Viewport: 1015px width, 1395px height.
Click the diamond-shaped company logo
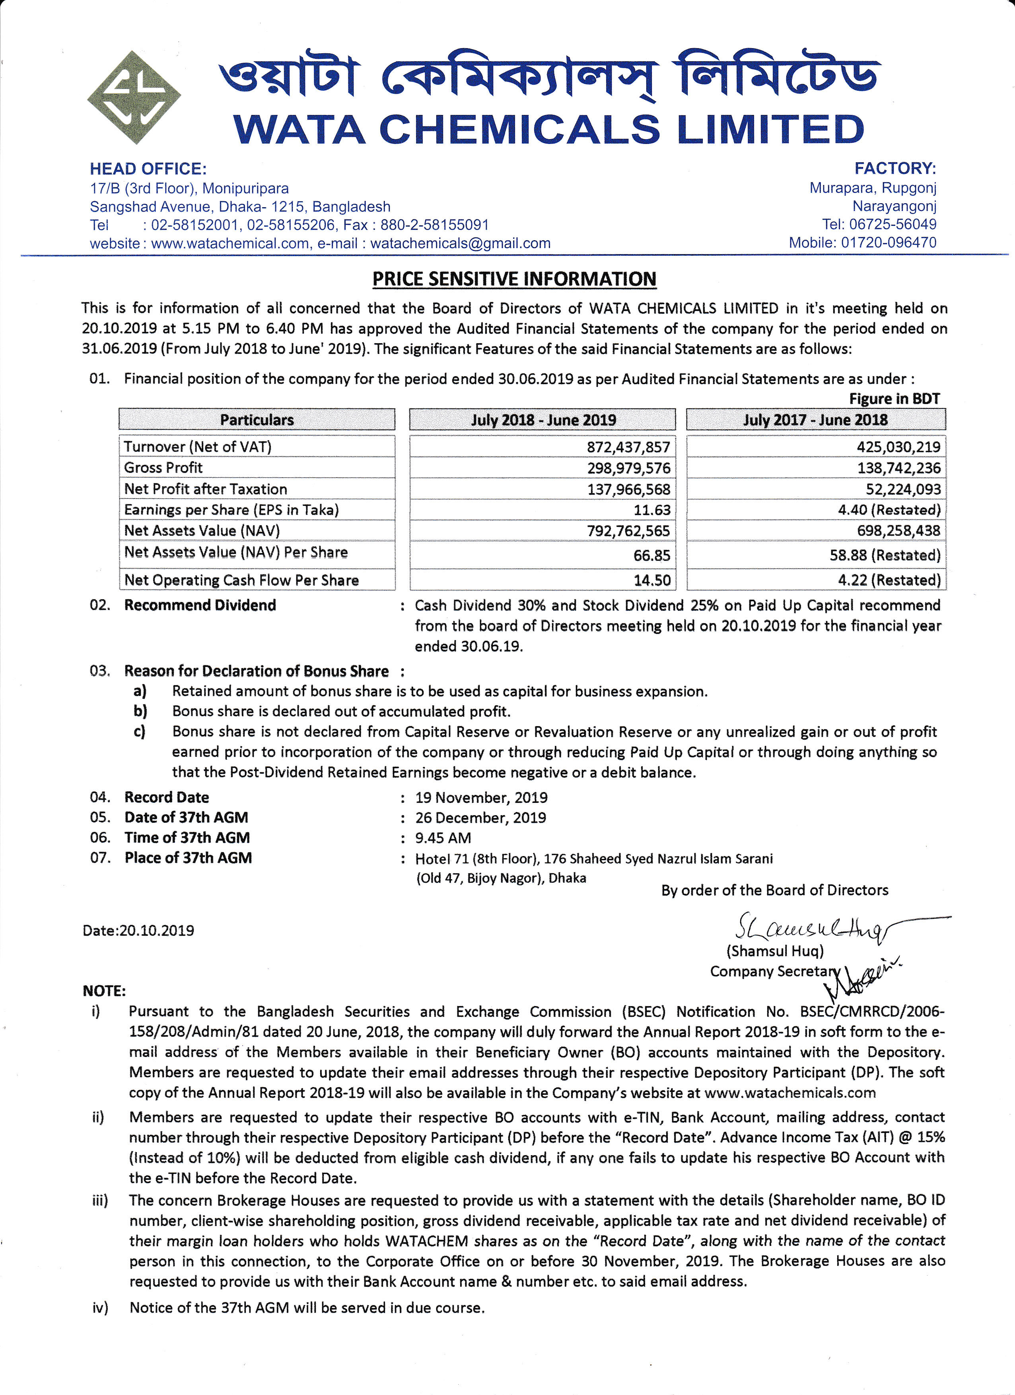134,97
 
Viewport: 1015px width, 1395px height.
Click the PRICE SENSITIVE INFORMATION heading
514,279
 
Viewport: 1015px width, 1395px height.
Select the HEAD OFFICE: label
148,169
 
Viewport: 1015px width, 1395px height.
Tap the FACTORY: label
895,169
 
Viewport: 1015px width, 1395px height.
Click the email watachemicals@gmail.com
460,244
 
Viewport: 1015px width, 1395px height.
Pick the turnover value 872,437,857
628,447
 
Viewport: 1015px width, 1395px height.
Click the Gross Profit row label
163,468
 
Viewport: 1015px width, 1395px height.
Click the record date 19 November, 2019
481,798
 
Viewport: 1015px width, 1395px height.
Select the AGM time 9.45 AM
443,838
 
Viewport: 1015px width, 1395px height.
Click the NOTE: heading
104,991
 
